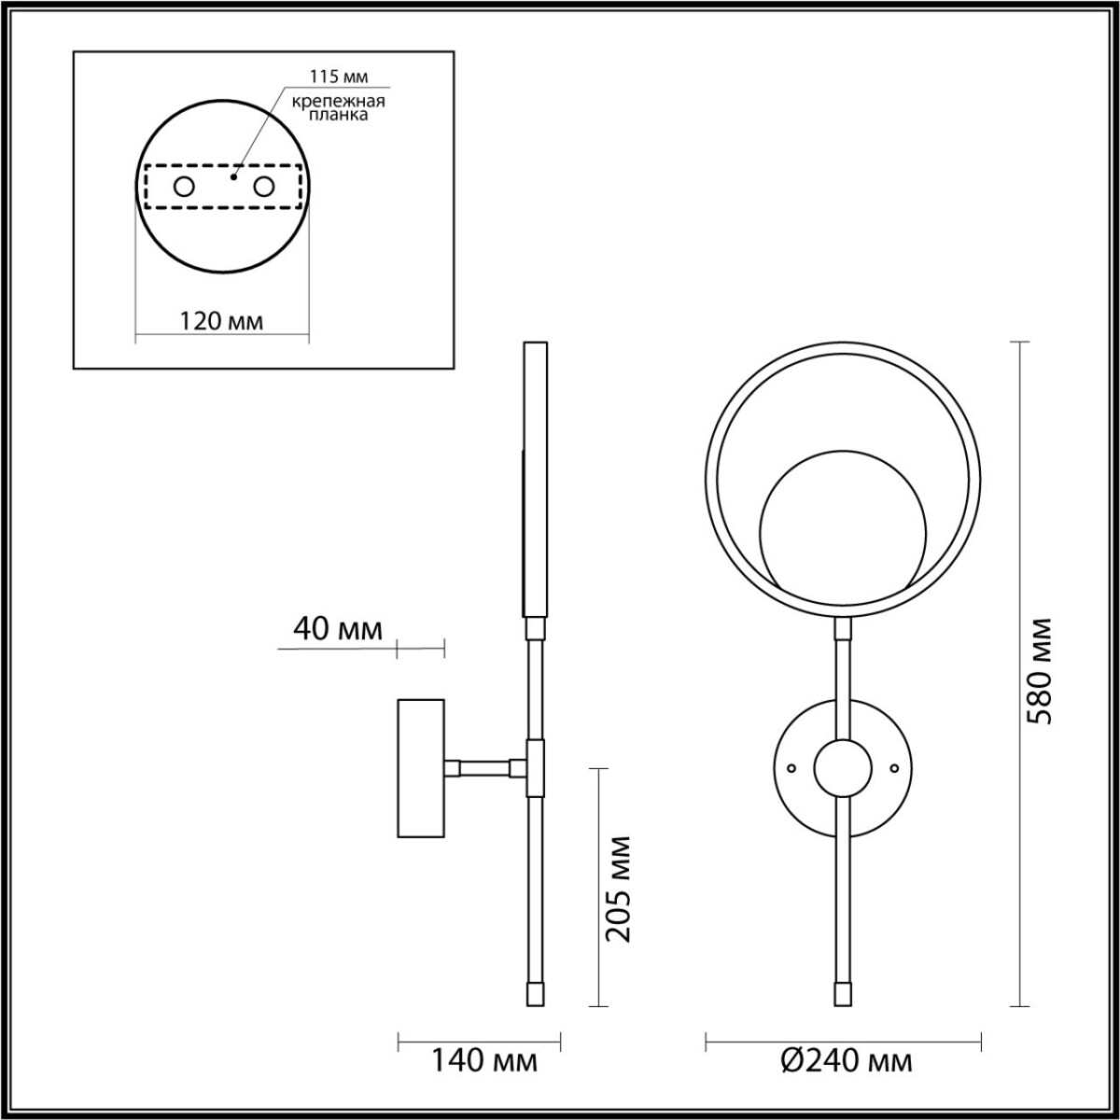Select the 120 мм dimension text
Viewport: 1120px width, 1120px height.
221,321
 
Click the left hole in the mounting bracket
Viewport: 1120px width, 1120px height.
184,187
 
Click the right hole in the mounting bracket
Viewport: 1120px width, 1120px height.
264,187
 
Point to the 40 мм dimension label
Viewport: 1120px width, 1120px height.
337,629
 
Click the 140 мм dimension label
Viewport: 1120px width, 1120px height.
483,1061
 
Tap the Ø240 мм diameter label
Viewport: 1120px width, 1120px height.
845,1061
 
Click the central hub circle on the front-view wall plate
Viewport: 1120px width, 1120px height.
843,768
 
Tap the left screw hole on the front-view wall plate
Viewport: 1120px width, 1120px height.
791,768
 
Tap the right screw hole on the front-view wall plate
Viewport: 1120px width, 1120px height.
894,768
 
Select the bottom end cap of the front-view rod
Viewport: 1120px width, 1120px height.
842,993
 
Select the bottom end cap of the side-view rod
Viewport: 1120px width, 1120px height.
536,993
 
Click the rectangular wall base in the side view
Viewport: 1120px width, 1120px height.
422,767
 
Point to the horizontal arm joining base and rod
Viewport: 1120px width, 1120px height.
485,768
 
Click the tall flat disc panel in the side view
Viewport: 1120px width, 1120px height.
536,480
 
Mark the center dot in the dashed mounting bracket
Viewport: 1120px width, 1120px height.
234,175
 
